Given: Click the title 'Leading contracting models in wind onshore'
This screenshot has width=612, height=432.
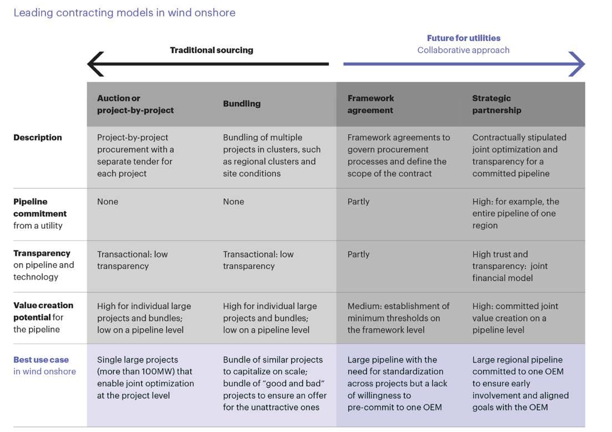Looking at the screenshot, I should pos(124,13).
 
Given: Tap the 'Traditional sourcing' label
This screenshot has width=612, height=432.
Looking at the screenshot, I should pos(212,50).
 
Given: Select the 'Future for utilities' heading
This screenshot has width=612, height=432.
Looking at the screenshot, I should pos(464,38).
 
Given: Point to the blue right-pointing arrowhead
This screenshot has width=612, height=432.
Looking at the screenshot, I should pos(576,64).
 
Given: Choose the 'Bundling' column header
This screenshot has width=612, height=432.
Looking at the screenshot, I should pos(242,104).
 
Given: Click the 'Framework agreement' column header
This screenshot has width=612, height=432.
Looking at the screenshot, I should pos(371,104).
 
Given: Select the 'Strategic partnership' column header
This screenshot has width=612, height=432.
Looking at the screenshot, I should pos(497,104).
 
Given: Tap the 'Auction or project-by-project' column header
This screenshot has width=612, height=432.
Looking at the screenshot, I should pos(136,104).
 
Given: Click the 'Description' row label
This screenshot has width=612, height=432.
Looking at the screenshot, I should pos(38,137).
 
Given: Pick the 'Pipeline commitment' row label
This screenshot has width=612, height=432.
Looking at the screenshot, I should pos(40,207).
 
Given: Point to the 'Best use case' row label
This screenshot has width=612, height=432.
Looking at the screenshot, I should pos(41,359).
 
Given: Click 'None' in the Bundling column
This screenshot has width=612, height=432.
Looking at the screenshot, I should pos(233,202).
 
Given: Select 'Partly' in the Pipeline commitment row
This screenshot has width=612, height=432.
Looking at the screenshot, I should pos(358,202).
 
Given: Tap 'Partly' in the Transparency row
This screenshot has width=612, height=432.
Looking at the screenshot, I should pos(358,254).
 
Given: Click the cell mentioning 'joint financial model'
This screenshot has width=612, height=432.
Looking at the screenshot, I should pos(510,266).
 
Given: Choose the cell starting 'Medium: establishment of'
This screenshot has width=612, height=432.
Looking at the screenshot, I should pos(398,318).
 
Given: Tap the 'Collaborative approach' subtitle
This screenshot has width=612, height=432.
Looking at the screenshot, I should pos(464,50).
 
